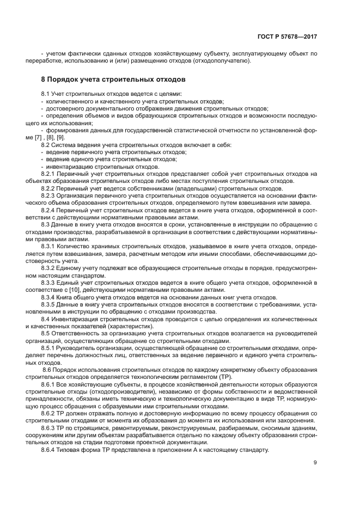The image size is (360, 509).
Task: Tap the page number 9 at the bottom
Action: pyautogui.click(x=315, y=463)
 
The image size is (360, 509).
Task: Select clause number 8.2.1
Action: pyautogui.click(x=51, y=174)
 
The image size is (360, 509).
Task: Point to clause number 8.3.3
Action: pyautogui.click(x=51, y=283)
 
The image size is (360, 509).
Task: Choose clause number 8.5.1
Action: pyautogui.click(x=51, y=346)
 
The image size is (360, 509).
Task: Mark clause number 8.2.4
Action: pyautogui.click(x=51, y=209)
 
